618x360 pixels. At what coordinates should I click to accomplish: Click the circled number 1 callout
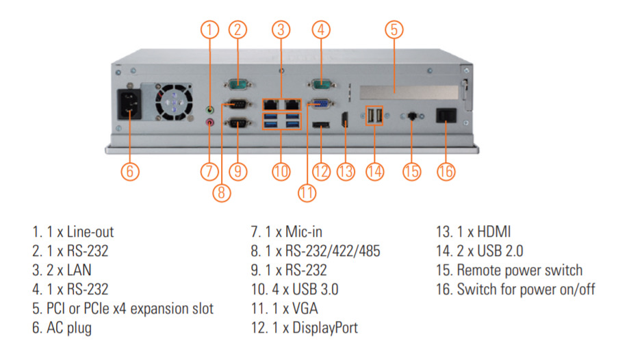(x=210, y=29)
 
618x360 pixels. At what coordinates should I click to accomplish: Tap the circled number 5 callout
(x=393, y=29)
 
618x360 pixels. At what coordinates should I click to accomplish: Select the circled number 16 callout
(x=446, y=170)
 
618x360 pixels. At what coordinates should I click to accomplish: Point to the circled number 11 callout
(x=307, y=192)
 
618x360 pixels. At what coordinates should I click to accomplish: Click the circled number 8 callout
(x=220, y=192)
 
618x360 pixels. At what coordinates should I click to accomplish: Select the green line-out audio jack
(x=211, y=107)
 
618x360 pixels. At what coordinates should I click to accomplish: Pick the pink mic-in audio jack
(x=211, y=122)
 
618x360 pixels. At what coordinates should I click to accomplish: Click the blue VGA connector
(x=320, y=104)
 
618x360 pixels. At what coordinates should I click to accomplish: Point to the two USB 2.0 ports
(x=374, y=116)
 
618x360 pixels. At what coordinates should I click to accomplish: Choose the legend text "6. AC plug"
(x=62, y=328)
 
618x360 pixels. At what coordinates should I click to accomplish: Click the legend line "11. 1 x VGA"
(x=285, y=309)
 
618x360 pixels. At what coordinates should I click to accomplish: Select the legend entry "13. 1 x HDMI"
(x=474, y=232)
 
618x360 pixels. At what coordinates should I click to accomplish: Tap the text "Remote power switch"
(x=519, y=270)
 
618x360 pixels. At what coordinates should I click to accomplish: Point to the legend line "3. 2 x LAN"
(x=62, y=270)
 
